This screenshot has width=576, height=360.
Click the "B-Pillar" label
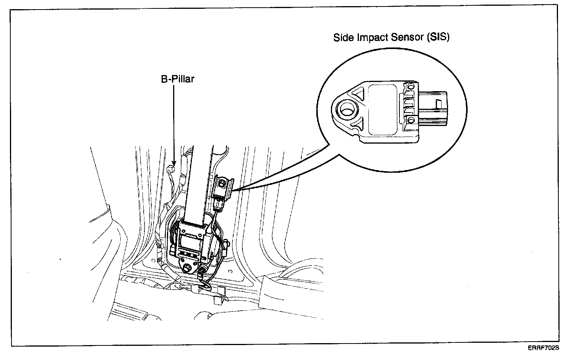177,79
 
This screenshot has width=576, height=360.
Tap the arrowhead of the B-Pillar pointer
174,164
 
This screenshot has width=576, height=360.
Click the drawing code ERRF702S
544,348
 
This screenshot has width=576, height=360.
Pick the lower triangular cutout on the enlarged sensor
358,123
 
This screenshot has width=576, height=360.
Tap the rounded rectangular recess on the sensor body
383,109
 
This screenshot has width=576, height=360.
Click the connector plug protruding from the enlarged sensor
433,108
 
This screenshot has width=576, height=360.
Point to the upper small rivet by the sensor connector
411,86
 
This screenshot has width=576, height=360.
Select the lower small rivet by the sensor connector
411,121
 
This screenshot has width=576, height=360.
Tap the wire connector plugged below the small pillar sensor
218,203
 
